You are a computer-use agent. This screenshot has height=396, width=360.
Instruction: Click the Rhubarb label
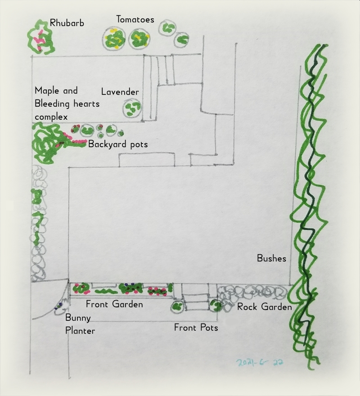tap(67, 23)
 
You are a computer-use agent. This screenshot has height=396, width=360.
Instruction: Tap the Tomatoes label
tap(135, 20)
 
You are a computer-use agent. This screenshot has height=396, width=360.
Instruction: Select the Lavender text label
tap(120, 92)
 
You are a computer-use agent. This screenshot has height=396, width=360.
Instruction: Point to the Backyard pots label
tap(118, 144)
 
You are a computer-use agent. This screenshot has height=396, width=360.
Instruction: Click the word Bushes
tap(271, 258)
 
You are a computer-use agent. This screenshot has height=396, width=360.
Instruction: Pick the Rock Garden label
tap(265, 307)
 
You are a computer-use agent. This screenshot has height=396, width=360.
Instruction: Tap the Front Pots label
tap(196, 328)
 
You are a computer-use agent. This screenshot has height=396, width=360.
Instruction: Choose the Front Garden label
tap(114, 305)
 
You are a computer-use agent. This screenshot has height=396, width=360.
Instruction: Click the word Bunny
tap(78, 318)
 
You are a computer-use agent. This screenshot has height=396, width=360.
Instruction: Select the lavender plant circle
tap(132, 108)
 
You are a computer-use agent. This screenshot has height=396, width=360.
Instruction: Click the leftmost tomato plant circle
tap(114, 39)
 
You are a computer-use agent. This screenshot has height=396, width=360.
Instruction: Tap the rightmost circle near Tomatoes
tap(181, 40)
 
